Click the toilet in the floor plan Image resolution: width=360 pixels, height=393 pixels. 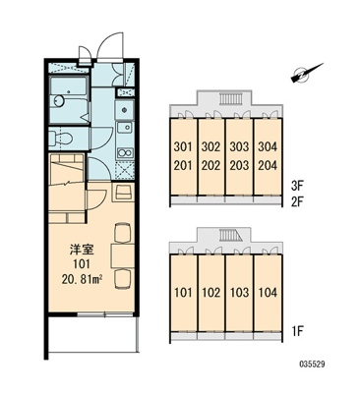click(x=61, y=138)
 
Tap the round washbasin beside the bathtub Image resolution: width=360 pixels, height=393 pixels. click(x=59, y=100)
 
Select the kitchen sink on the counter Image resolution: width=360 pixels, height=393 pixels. click(x=125, y=128)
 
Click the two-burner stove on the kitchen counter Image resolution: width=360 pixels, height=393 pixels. click(x=125, y=152)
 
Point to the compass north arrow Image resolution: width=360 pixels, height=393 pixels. click(x=307, y=73)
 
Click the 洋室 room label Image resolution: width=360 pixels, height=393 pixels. click(x=82, y=250)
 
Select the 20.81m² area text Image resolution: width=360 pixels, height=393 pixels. click(x=82, y=279)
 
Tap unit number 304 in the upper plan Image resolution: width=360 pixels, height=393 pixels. click(x=268, y=146)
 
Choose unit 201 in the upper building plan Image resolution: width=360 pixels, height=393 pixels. click(x=183, y=165)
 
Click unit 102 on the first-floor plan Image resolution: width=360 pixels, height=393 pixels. click(x=210, y=292)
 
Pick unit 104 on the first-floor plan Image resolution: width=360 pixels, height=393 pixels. click(x=268, y=292)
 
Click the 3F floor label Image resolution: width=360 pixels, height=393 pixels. click(x=298, y=186)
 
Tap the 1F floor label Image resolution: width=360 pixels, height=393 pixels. click(x=298, y=331)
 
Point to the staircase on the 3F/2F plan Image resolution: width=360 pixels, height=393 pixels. click(x=230, y=98)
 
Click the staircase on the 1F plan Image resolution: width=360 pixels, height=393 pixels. click(x=231, y=235)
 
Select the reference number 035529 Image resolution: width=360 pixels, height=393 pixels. click(x=312, y=365)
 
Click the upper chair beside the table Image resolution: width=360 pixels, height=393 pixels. click(x=123, y=233)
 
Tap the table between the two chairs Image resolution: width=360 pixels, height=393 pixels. click(x=123, y=256)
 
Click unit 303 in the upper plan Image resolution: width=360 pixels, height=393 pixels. click(x=239, y=146)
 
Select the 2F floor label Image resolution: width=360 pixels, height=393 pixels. click(x=298, y=200)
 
